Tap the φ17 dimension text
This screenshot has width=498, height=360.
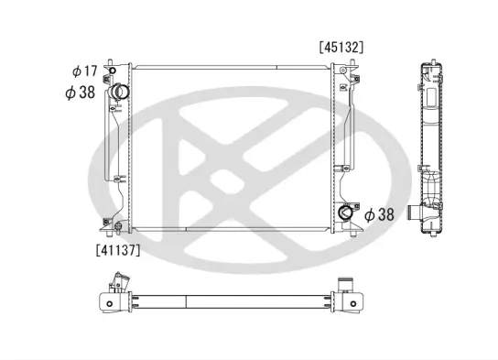(x=83, y=71)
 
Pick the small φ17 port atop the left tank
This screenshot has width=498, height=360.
(x=112, y=71)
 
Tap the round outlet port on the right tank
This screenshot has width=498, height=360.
(x=347, y=213)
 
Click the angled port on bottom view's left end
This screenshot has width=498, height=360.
(x=113, y=283)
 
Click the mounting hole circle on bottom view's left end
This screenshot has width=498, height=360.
(x=111, y=302)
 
